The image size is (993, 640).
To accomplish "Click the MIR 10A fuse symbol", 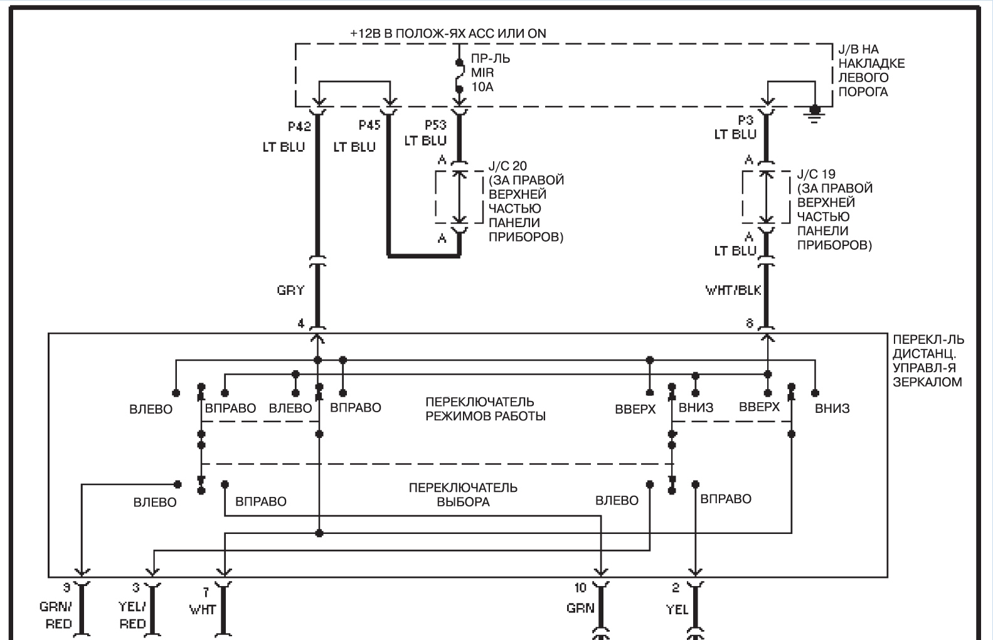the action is coord(460,76).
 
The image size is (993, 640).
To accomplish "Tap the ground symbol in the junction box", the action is coord(814,114).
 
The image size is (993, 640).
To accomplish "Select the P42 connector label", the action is coord(299,127).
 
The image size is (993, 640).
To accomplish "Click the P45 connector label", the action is coord(369,125).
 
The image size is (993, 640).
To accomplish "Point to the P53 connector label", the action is coord(435,125).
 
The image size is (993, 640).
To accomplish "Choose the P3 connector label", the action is coord(745,120).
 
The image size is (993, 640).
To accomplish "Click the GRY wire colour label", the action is coord(291,290).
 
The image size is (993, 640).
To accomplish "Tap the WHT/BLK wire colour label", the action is coord(733,291).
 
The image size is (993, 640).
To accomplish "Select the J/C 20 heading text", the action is coord(507,166).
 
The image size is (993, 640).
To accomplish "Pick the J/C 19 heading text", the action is coord(816,174).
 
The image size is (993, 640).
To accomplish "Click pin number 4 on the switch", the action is coord(301,324).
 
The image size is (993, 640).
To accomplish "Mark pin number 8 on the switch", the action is coord(750,323).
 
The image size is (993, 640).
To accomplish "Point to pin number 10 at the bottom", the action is coord(580,588).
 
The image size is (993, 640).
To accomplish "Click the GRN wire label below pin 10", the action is coord(580,608).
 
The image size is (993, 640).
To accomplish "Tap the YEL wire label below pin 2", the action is coord(677,610).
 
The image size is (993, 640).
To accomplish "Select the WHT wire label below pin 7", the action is coord(203,610).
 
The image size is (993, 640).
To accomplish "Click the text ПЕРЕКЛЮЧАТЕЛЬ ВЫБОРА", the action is coord(463,495).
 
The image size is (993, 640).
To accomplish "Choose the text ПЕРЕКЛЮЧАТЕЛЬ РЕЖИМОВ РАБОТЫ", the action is coord(486,409).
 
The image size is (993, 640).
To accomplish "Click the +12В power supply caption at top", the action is coord(448,34).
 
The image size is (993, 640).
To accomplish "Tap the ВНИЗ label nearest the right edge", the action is coord(832,408).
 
